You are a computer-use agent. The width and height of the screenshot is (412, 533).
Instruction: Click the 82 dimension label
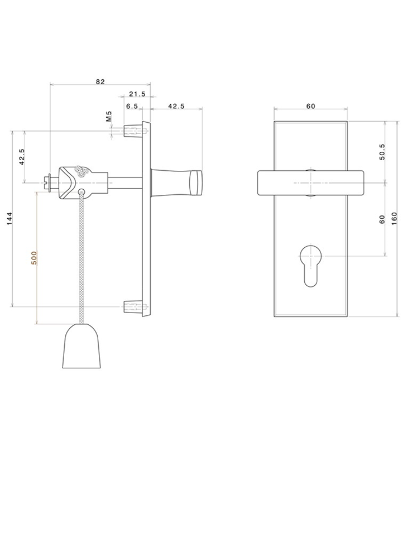tap(100, 81)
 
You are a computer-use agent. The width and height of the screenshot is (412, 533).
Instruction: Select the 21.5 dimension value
tap(137, 94)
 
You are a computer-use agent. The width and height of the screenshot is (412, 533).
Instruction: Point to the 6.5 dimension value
tap(132, 106)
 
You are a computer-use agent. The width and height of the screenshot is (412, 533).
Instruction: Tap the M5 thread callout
tap(109, 116)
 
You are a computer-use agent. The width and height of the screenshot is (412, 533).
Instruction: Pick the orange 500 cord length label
tap(33, 258)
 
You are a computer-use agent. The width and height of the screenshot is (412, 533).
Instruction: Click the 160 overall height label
tap(394, 219)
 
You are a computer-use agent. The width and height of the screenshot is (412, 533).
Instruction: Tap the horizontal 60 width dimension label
tap(311, 106)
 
